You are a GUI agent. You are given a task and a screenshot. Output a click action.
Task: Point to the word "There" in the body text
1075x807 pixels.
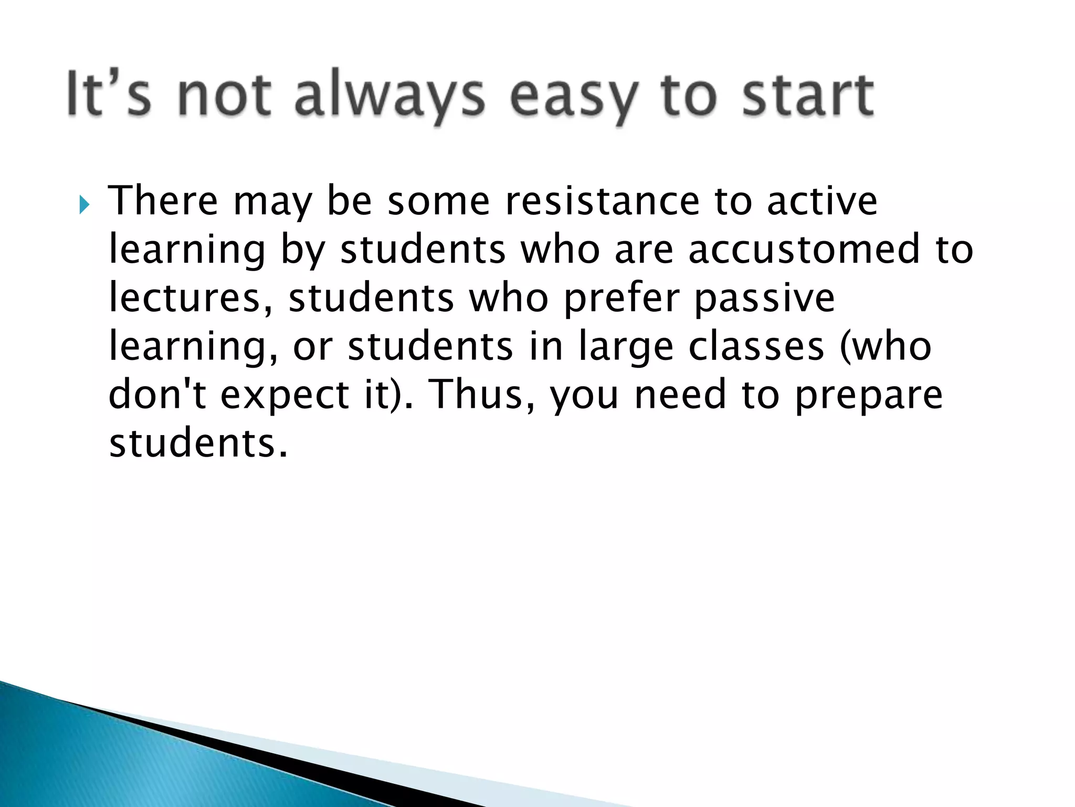tap(163, 201)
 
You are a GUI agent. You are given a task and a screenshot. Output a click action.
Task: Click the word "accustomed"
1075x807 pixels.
tap(804, 249)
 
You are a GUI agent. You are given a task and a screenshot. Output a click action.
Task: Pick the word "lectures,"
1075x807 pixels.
tap(191, 297)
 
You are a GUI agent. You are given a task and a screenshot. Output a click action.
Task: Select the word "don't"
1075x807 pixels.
tap(157, 394)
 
